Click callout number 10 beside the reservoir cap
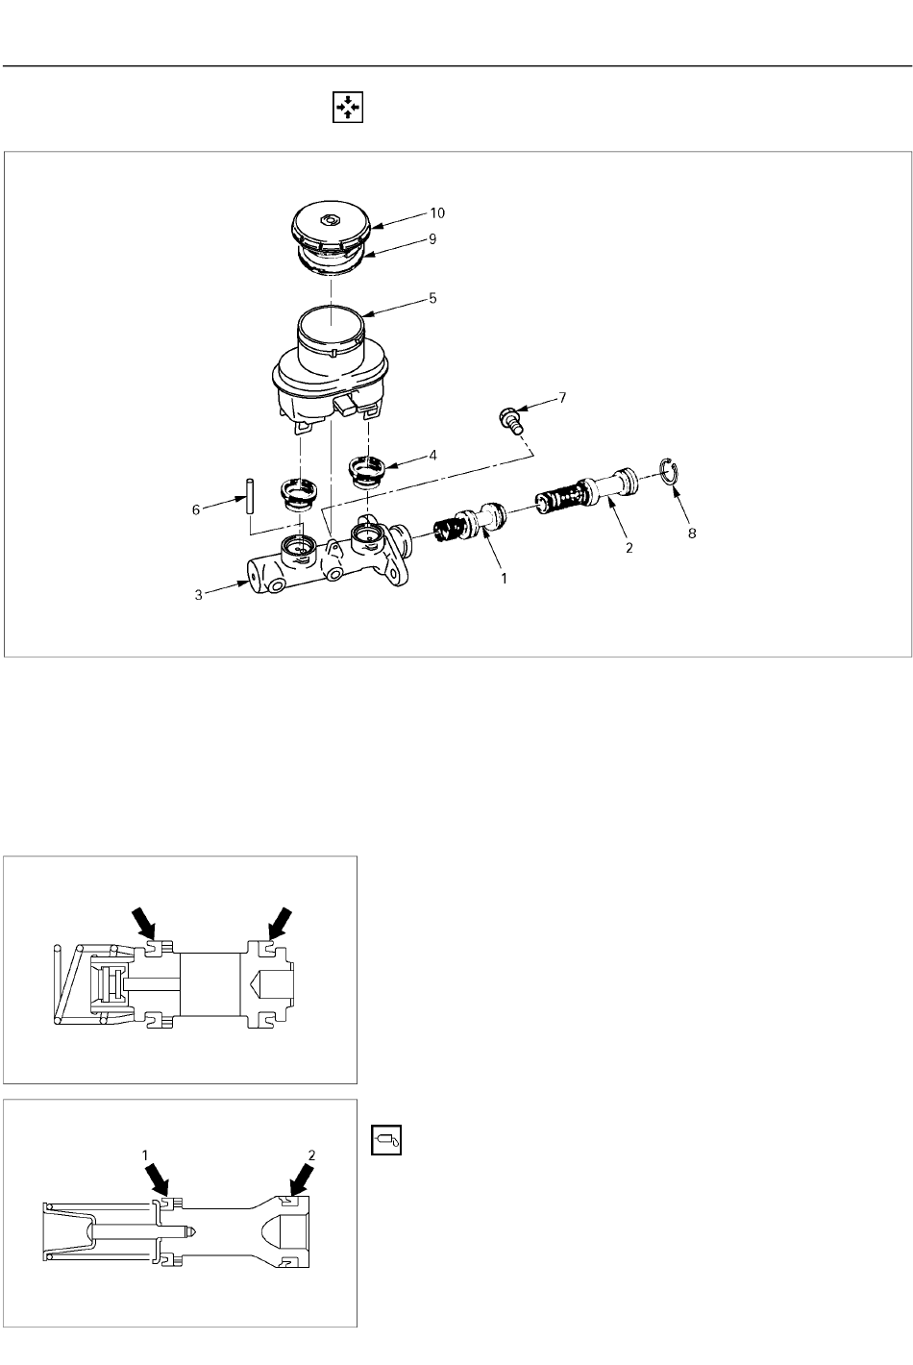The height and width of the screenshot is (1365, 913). pos(437,213)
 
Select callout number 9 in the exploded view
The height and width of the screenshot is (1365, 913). pos(432,238)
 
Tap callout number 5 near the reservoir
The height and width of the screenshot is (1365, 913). pos(432,298)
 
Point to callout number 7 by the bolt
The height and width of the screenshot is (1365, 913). pos(562,398)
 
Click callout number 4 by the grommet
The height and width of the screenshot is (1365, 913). pos(432,456)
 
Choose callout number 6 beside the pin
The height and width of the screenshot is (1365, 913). pos(196,510)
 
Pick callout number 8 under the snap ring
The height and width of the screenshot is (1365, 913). pos(692,534)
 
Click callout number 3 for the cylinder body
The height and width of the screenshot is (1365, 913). pos(199,595)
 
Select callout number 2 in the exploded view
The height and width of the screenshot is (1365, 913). pos(629,548)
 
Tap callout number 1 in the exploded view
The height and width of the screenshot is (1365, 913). pos(504,579)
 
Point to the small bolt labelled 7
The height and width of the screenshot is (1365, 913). pos(510,421)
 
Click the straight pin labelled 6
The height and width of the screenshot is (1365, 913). pos(250,497)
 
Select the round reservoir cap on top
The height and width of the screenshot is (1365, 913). pos(330,227)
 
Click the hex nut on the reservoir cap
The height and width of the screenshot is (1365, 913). pos(332,219)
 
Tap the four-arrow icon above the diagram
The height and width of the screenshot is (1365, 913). pos(348,108)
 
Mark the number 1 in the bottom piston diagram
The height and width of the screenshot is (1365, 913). pos(145,1155)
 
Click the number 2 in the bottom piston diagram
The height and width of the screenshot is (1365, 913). pos(311,1154)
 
